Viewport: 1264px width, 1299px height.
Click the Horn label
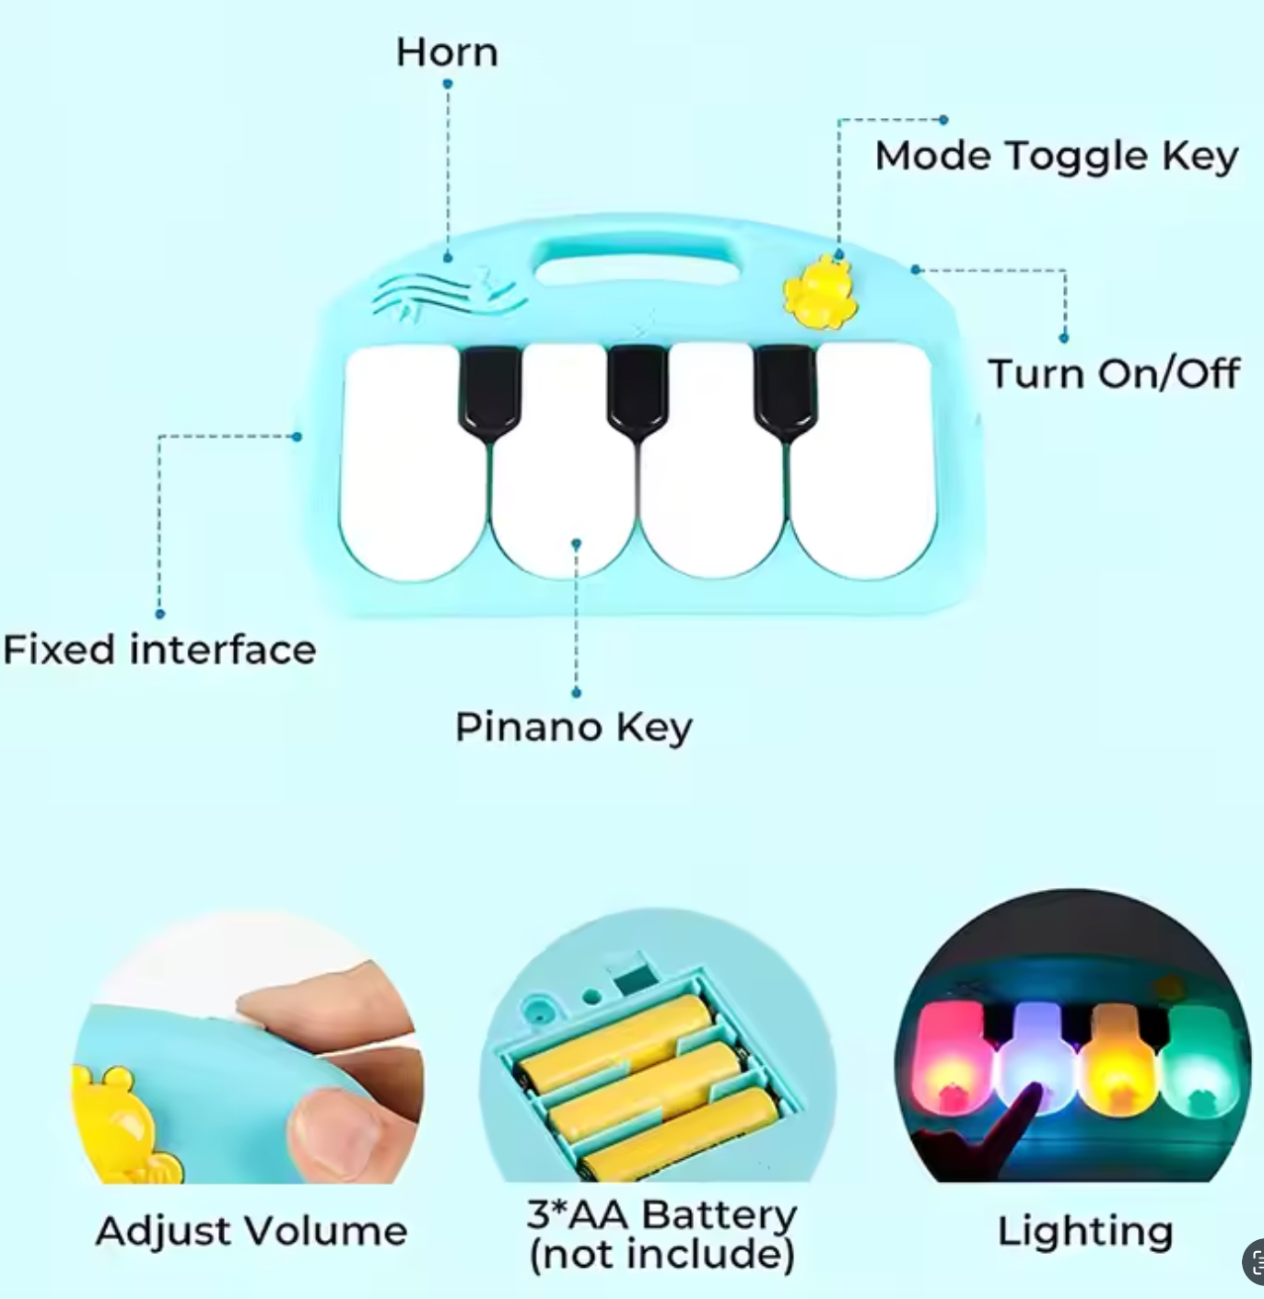[447, 53]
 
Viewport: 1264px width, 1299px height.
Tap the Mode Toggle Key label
[1056, 156]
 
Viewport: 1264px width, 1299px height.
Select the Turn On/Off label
[1113, 373]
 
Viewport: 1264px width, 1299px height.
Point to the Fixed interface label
[159, 649]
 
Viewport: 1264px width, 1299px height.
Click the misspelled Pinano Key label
[573, 727]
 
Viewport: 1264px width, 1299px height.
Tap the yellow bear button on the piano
[817, 293]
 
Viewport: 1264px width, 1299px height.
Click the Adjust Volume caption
[251, 1231]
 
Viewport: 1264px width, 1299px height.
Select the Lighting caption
[1084, 1231]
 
